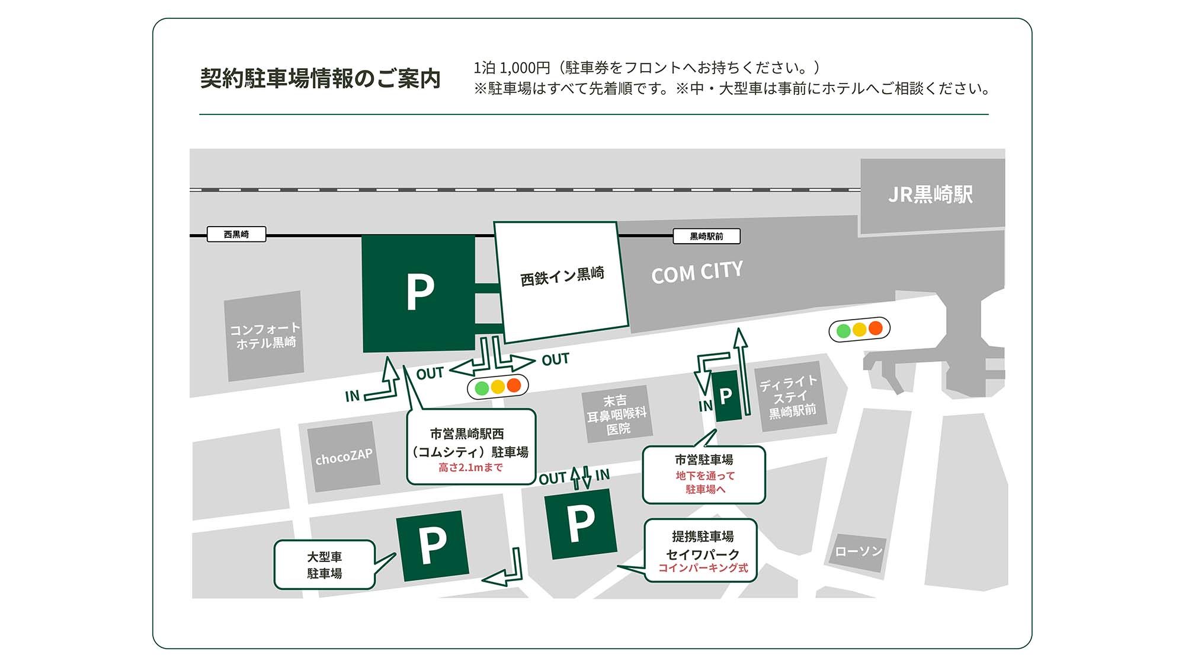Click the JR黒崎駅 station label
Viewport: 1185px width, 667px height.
pyautogui.click(x=930, y=194)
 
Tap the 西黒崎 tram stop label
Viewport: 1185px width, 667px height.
pyautogui.click(x=236, y=234)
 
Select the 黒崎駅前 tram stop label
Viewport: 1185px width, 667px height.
pyautogui.click(x=706, y=237)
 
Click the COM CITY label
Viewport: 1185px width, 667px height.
pyautogui.click(x=697, y=272)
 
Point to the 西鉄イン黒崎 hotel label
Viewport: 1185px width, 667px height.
pyautogui.click(x=562, y=276)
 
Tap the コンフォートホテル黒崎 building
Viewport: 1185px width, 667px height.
pyautogui.click(x=264, y=336)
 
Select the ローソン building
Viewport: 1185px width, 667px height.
pyautogui.click(x=859, y=551)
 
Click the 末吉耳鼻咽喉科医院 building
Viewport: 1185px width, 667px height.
pyautogui.click(x=616, y=414)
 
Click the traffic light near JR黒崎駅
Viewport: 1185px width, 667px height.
pyautogui.click(x=859, y=329)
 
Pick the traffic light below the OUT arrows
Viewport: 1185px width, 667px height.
pyautogui.click(x=498, y=387)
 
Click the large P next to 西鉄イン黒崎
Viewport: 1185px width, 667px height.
pyautogui.click(x=419, y=292)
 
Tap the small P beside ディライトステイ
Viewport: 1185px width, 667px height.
pyautogui.click(x=726, y=395)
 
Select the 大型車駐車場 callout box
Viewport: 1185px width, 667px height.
pyautogui.click(x=324, y=564)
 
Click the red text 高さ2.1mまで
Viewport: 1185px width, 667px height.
pyautogui.click(x=470, y=468)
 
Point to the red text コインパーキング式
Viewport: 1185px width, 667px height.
pyautogui.click(x=703, y=568)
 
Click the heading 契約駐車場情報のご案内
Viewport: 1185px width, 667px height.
pyautogui.click(x=320, y=78)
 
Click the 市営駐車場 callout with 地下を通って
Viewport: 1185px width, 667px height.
pyautogui.click(x=704, y=474)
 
